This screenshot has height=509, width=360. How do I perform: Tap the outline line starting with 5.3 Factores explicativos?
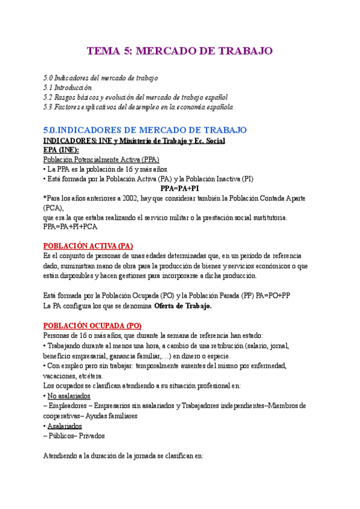(x=138, y=107)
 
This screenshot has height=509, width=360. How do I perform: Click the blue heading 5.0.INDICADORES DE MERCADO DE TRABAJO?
(x=145, y=130)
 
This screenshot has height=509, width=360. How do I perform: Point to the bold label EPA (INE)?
(x=61, y=150)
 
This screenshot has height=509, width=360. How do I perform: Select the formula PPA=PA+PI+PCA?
(x=71, y=227)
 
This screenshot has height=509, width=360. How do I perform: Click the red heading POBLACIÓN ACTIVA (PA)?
(x=88, y=247)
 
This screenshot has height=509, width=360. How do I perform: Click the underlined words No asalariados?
(x=69, y=396)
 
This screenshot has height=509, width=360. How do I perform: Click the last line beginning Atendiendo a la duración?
(x=124, y=456)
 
